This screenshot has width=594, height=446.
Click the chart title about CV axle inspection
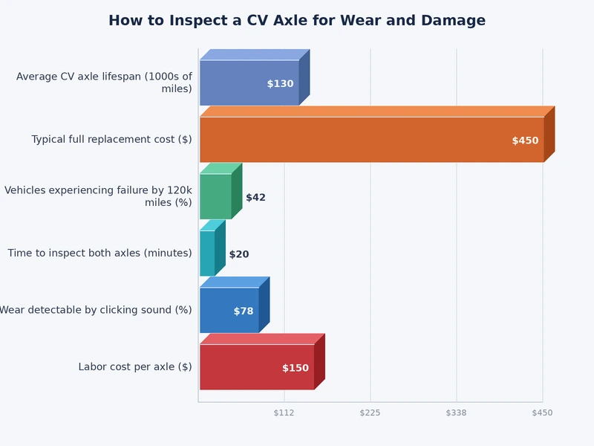(297, 21)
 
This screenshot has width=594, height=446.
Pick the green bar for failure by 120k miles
(215, 196)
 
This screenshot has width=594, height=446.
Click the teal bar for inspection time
(207, 253)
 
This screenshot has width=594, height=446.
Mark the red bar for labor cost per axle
(245, 367)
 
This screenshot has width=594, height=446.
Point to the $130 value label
(280, 84)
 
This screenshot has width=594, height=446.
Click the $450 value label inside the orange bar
(525, 140)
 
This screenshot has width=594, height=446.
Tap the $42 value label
(255, 198)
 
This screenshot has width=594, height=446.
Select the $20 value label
(239, 254)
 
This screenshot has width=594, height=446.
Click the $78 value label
(244, 311)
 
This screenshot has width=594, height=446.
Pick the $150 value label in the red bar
(295, 368)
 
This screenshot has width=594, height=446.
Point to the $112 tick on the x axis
(284, 413)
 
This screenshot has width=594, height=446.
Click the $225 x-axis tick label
(370, 413)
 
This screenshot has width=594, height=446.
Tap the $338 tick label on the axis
(456, 413)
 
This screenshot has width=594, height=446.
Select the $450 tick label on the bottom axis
(542, 413)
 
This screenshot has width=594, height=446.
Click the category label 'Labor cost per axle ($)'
(135, 366)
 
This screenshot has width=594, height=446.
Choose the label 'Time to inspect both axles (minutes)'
(99, 253)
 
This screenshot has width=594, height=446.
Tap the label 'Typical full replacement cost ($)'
(111, 140)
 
